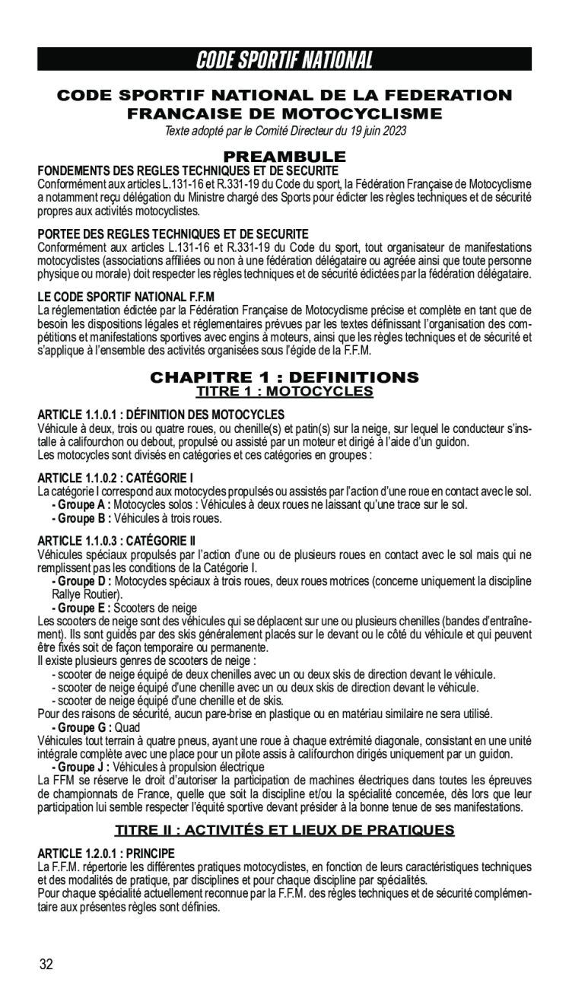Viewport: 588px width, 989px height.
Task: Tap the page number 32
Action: (46, 964)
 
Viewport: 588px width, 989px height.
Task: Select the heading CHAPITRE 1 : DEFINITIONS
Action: (284, 378)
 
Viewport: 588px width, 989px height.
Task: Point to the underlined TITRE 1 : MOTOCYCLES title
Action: (284, 392)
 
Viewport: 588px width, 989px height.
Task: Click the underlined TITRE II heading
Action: (284, 829)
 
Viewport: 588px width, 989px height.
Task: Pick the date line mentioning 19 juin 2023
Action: (285, 131)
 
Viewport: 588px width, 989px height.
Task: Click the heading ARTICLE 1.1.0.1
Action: (161, 415)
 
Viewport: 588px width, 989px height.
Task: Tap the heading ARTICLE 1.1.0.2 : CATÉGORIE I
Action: (116, 478)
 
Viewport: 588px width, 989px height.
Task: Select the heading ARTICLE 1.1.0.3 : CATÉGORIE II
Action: (117, 541)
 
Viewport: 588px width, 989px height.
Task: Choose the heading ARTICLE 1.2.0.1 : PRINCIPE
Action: (106, 853)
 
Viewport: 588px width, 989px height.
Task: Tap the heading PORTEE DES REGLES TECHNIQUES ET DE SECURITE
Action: (173, 233)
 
